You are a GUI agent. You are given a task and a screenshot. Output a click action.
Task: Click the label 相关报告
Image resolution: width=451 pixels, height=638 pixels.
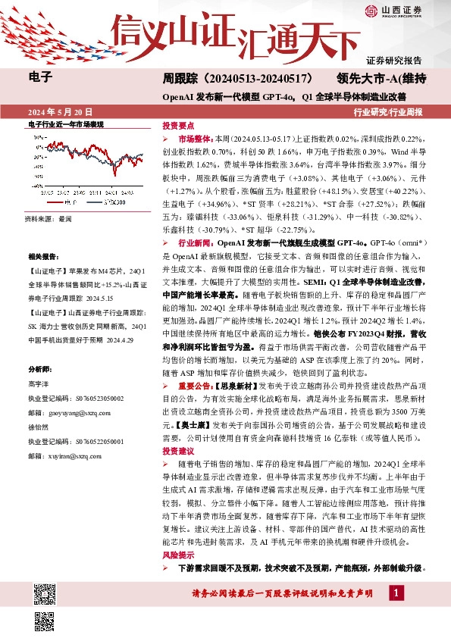point(42,258)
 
